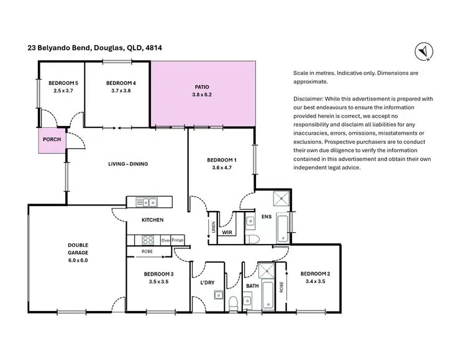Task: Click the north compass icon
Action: coord(422,52)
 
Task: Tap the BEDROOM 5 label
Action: coord(63,83)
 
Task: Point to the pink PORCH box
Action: coord(52,140)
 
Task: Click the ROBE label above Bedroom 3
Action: coord(148,252)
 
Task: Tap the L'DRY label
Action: coord(207,283)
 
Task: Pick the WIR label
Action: coord(227,232)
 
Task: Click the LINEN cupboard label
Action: coord(213,228)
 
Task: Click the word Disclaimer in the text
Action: coord(308,98)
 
